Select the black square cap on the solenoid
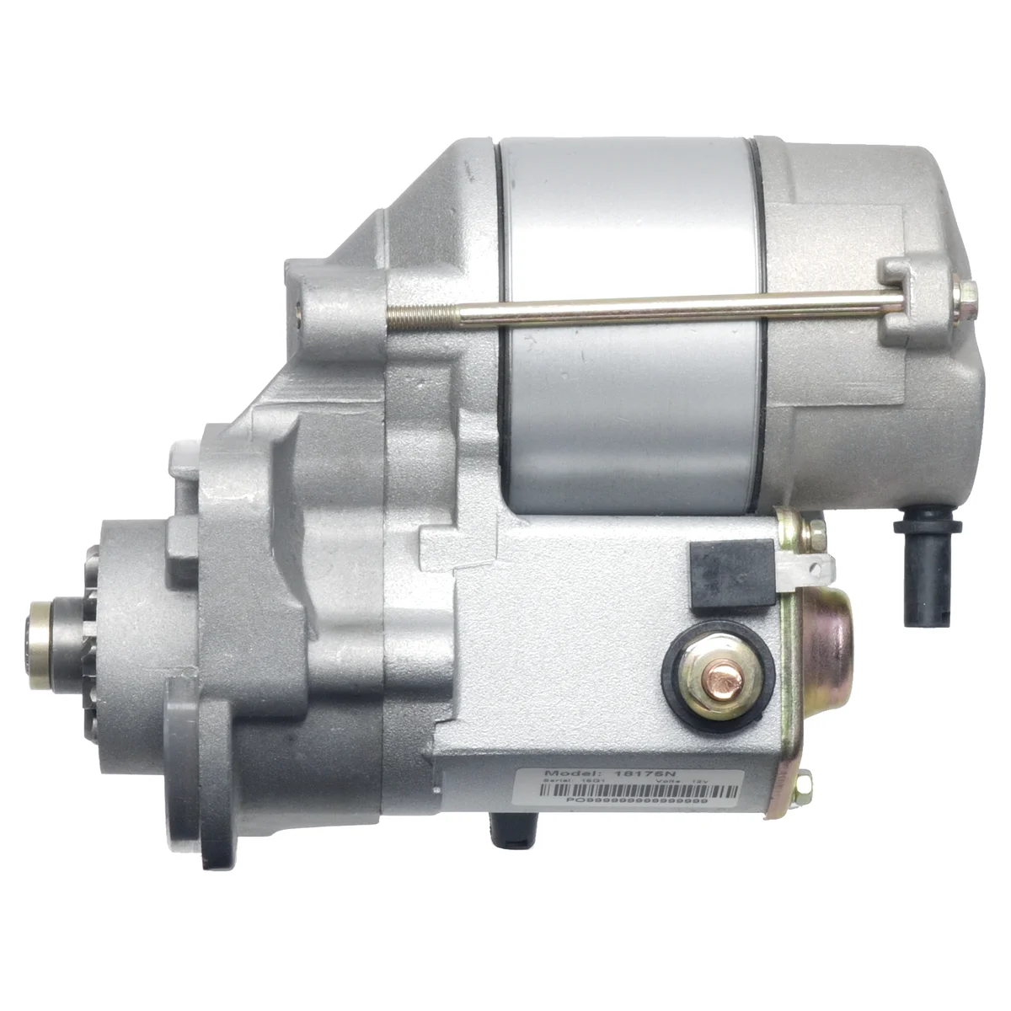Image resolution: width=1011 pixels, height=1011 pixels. click(x=731, y=575)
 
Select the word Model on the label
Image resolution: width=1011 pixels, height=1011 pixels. click(x=571, y=773)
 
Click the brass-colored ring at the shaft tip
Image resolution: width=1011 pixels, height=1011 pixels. click(x=39, y=645)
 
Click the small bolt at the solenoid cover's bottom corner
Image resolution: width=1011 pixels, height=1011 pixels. click(x=804, y=786)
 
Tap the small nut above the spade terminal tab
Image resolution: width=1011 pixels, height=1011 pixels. click(x=814, y=533)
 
